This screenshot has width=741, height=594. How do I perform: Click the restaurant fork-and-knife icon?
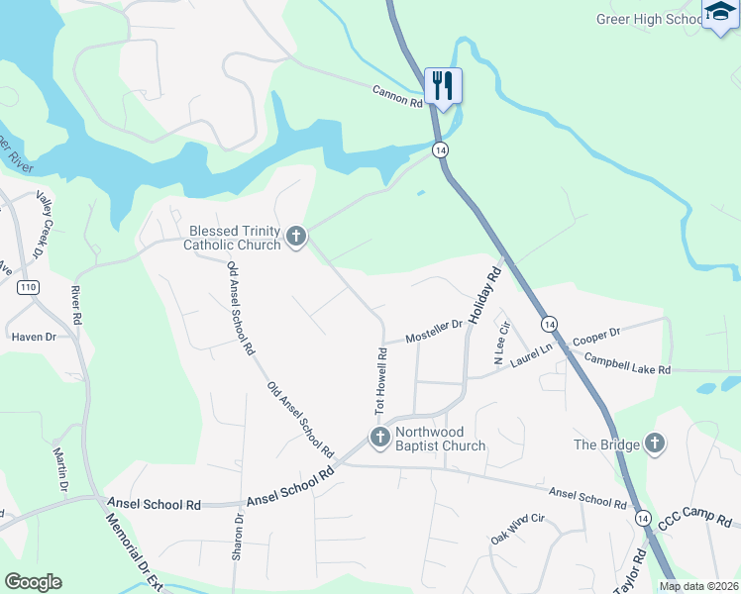pyautogui.click(x=442, y=85)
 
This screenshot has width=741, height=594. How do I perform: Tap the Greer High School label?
pyautogui.click(x=649, y=19)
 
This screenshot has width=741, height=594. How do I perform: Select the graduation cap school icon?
pyautogui.click(x=718, y=14)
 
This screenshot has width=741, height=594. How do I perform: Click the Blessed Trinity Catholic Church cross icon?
pyautogui.click(x=295, y=237)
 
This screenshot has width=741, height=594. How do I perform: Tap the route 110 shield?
pyautogui.click(x=28, y=287)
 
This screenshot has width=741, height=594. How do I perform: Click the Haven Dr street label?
pyautogui.click(x=34, y=337)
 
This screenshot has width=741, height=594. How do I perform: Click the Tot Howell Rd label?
pyautogui.click(x=380, y=380)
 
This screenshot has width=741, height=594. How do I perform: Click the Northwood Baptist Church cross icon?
pyautogui.click(x=378, y=437)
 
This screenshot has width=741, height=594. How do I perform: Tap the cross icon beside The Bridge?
pyautogui.click(x=654, y=445)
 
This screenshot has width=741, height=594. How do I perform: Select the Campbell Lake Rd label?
pyautogui.click(x=627, y=363)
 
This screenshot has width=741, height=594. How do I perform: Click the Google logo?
pyautogui.click(x=33, y=582)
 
